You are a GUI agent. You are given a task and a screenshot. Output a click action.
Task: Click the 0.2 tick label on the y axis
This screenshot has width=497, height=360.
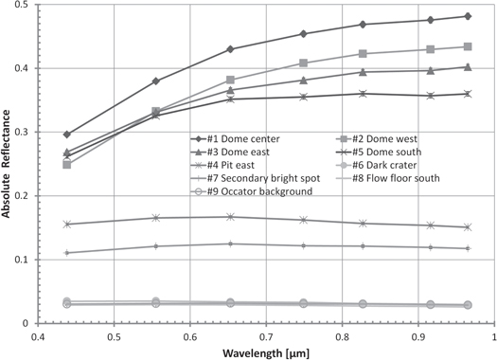[x=24, y=196]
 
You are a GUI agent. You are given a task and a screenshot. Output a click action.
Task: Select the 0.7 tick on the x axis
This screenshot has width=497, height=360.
[x=266, y=335]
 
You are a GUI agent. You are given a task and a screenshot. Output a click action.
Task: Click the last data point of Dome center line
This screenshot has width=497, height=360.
[x=467, y=16]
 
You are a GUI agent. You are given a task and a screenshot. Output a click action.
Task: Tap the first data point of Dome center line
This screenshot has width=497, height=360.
[x=66, y=135]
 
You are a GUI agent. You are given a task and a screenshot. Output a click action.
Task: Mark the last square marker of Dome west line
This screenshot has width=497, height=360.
[x=467, y=46]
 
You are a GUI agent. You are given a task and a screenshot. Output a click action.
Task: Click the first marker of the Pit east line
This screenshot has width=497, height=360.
[x=66, y=225]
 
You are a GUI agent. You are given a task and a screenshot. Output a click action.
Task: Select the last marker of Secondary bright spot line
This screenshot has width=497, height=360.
[x=467, y=248]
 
